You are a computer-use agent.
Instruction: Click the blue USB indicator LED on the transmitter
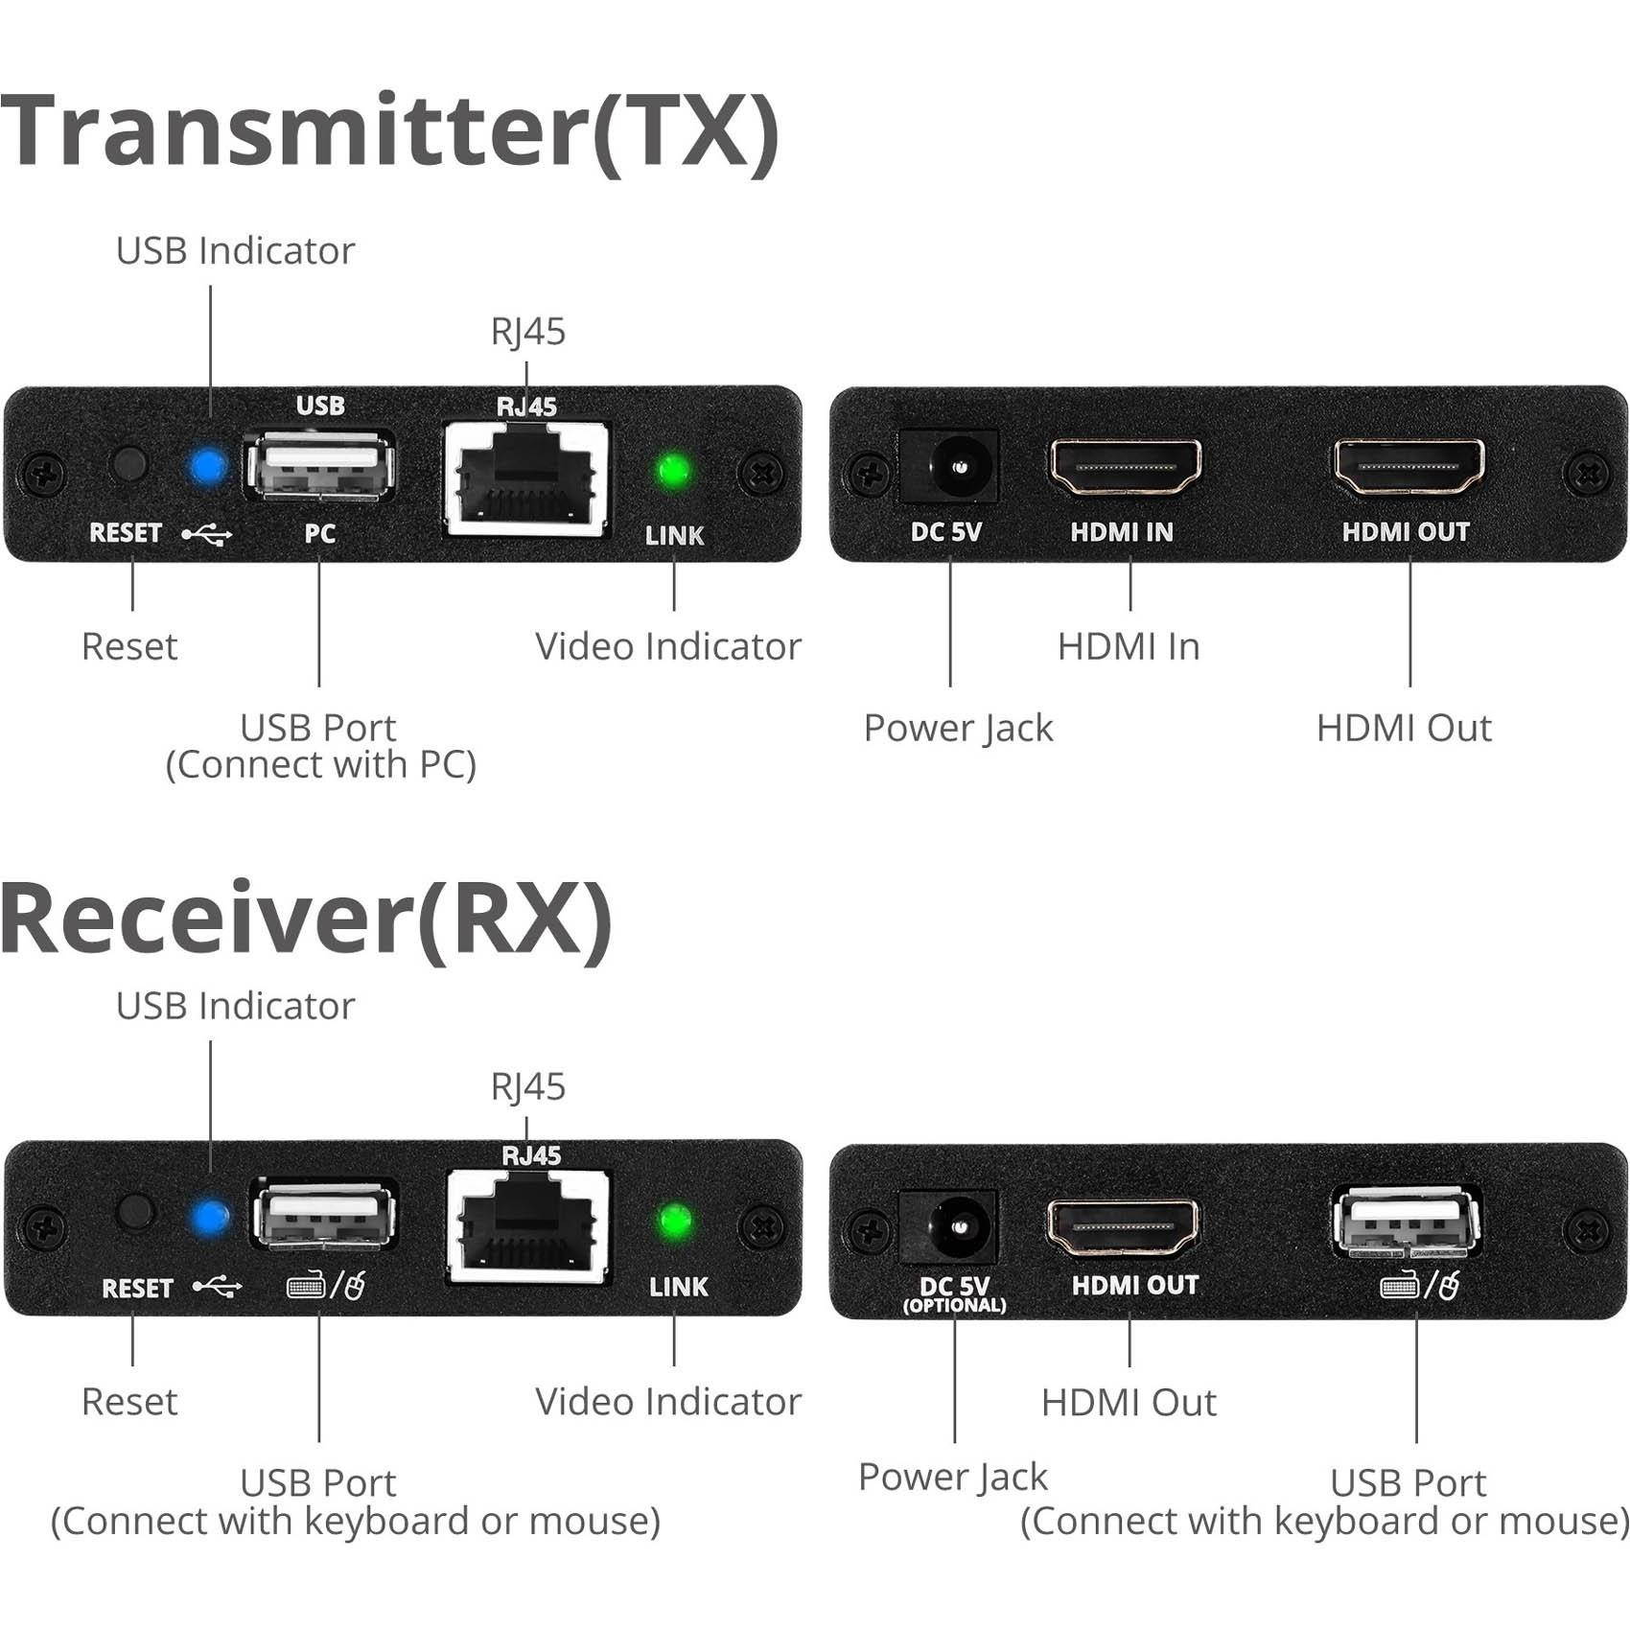point(208,467)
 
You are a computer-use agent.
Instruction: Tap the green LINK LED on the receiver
point(675,1221)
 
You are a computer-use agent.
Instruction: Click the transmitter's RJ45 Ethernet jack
point(526,477)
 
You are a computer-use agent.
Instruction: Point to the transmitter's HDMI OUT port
point(1409,467)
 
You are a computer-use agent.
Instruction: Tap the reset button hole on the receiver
point(135,1212)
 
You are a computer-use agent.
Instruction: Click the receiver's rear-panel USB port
point(1407,1222)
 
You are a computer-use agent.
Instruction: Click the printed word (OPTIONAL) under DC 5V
point(954,1306)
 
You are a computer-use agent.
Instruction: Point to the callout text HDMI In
point(1129,646)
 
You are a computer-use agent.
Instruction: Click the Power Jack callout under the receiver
point(952,1477)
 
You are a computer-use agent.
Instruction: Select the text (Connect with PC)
point(320,765)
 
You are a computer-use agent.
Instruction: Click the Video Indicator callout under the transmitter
point(667,646)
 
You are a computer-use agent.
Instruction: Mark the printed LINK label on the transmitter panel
point(674,535)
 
